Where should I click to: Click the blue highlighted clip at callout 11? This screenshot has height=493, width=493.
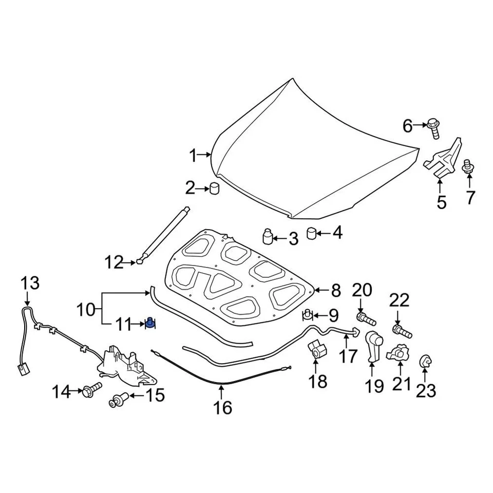click(x=150, y=323)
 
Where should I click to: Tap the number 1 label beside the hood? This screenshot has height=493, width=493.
click(x=193, y=155)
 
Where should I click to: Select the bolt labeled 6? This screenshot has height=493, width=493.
click(x=433, y=128)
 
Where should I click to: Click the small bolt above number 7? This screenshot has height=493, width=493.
click(x=468, y=167)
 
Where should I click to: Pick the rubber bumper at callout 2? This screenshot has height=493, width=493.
click(x=215, y=188)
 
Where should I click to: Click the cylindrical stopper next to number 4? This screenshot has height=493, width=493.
click(x=311, y=234)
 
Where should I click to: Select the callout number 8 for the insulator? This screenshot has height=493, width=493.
click(x=335, y=291)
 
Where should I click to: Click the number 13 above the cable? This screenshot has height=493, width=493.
click(x=30, y=283)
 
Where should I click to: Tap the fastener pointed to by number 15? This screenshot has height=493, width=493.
click(x=118, y=399)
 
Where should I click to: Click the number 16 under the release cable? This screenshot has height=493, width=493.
click(x=223, y=407)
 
